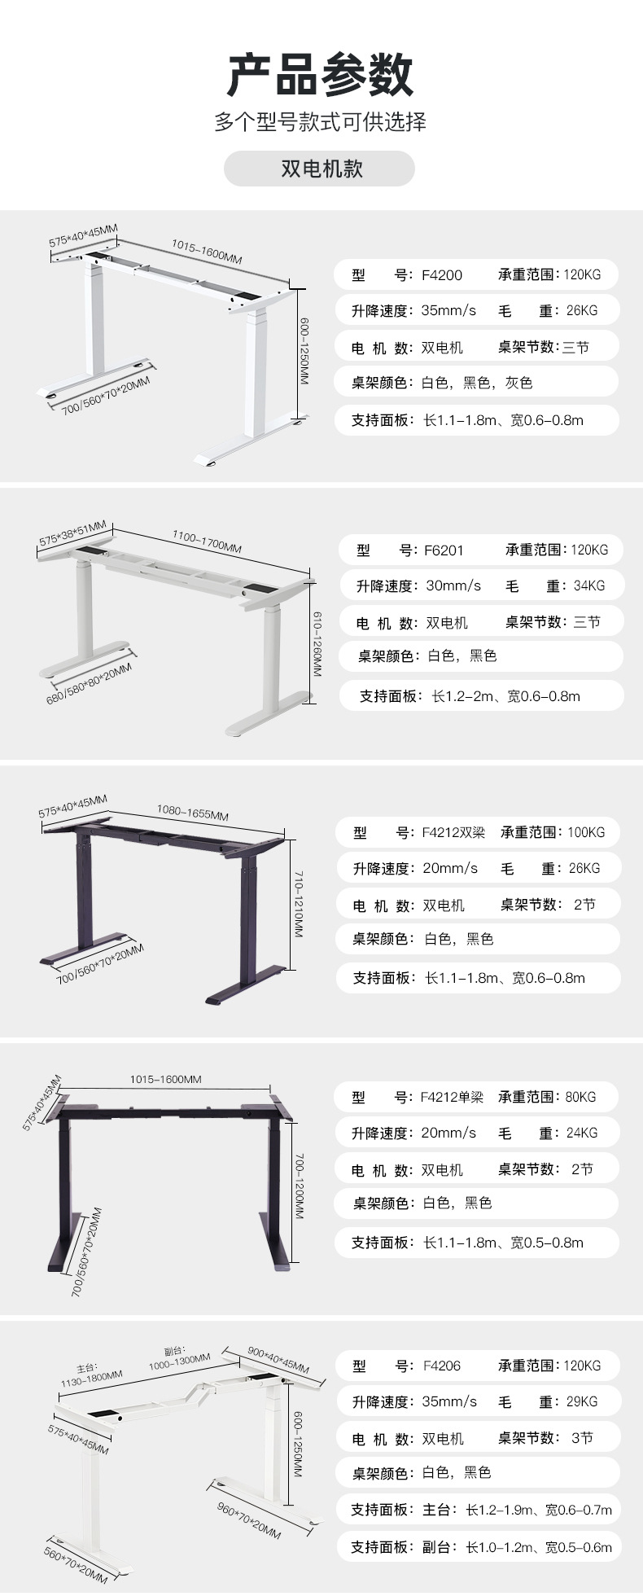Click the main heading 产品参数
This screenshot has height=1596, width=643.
click(321, 75)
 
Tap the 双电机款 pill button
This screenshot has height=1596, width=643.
click(321, 169)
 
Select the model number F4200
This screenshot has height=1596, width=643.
click(442, 275)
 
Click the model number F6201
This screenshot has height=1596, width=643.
click(444, 550)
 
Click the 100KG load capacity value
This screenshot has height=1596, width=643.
click(586, 832)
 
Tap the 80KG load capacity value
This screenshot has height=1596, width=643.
click(580, 1097)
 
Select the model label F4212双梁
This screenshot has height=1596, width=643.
click(453, 832)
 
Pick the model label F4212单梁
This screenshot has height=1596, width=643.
click(452, 1097)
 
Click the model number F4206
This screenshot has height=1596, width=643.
click(442, 1366)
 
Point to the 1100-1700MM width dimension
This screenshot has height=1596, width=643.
click(207, 542)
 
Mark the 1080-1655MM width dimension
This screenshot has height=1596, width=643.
click(193, 813)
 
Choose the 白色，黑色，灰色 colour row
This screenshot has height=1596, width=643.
click(477, 383)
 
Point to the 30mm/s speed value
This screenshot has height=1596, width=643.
click(453, 586)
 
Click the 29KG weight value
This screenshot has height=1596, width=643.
click(582, 1402)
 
